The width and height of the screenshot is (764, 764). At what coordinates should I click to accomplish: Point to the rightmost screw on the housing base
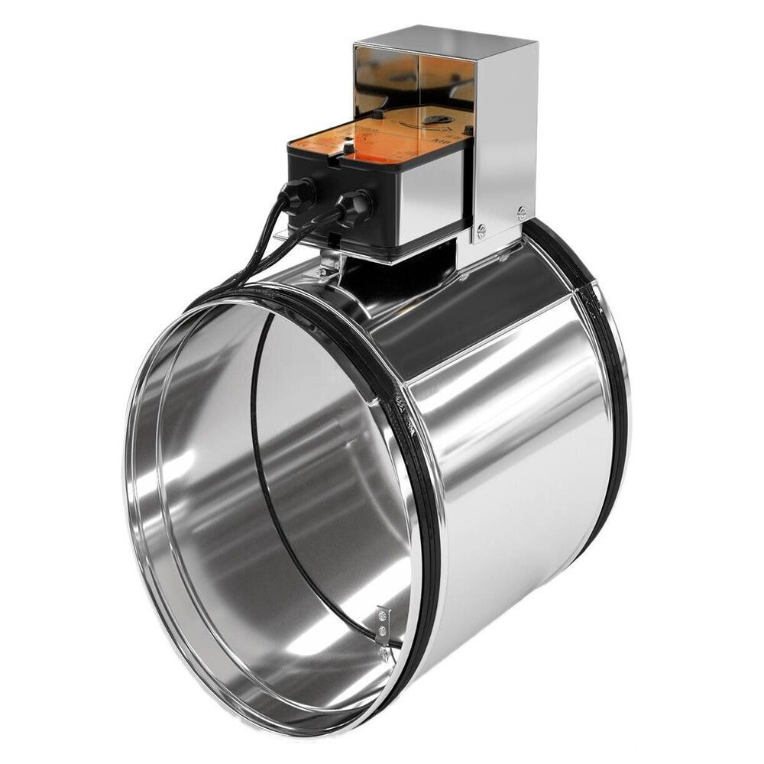pyautogui.click(x=521, y=214)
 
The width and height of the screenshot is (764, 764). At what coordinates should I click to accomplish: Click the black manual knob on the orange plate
pyautogui.click(x=437, y=119)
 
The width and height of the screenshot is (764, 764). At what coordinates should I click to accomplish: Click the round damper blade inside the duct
pyautogui.click(x=329, y=458)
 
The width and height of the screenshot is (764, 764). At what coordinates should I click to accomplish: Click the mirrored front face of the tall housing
pyautogui.click(x=413, y=76)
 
